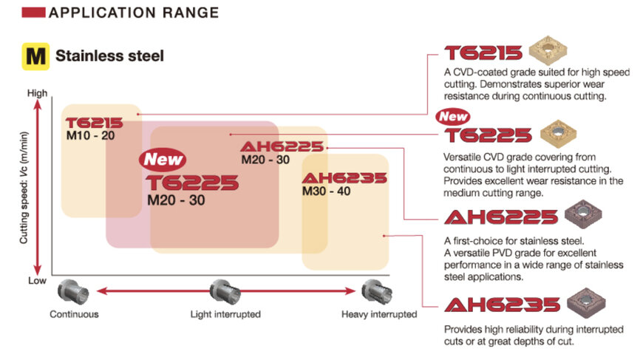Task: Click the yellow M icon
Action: tap(35, 56)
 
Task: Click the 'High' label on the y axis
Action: tap(36, 93)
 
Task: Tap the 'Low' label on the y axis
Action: tap(37, 281)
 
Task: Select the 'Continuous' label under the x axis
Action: tap(74, 314)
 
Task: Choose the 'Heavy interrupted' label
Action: tap(379, 314)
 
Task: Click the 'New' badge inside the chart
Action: tap(163, 159)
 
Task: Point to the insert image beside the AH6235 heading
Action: tap(588, 305)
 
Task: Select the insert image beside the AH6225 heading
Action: tap(583, 217)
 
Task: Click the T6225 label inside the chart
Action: tap(192, 183)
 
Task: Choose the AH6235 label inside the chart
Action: tap(344, 178)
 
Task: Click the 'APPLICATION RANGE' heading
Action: tap(133, 13)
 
